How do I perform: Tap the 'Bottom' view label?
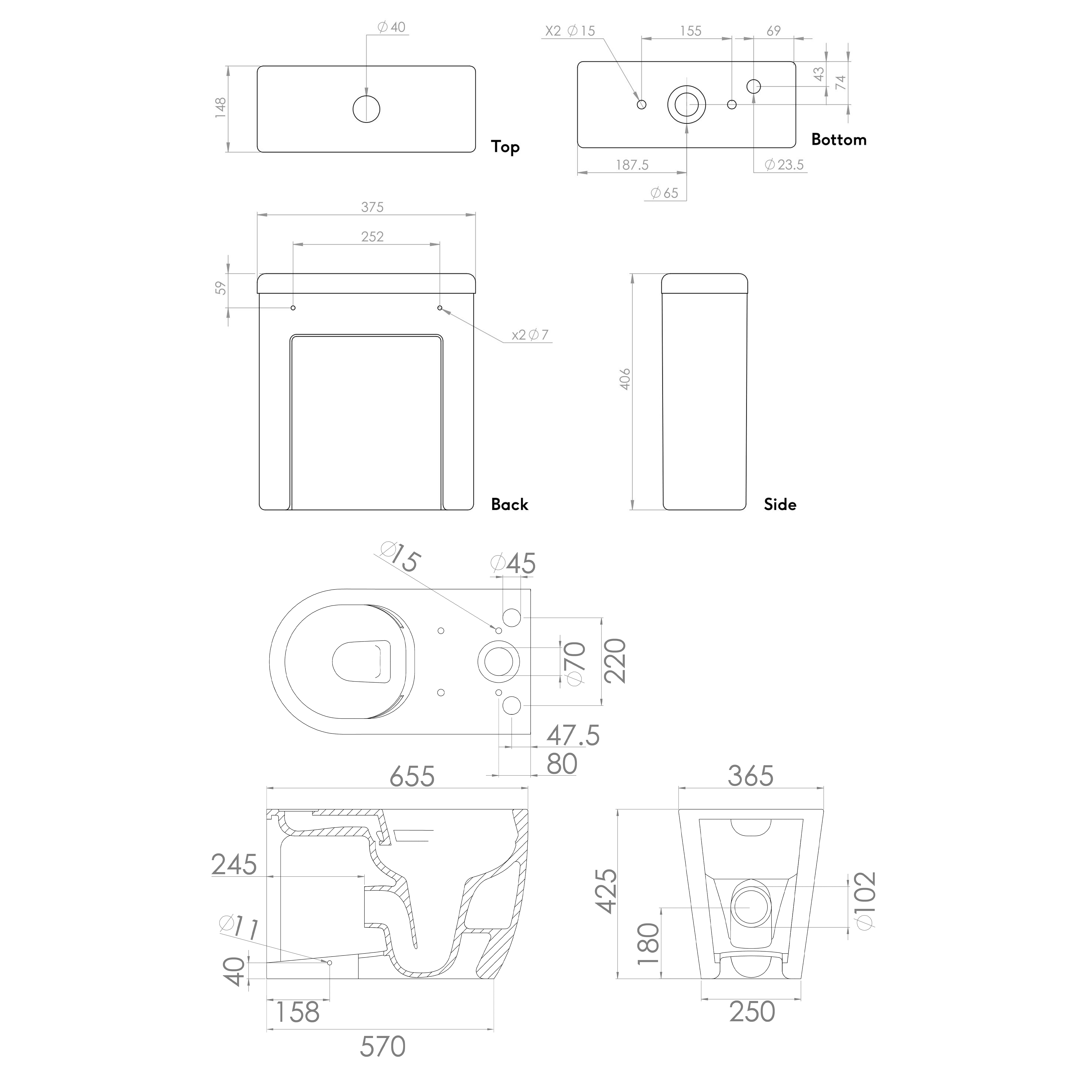click(x=838, y=140)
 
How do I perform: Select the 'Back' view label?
click(x=509, y=504)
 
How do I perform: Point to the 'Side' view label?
click(x=780, y=504)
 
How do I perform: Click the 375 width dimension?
click(x=372, y=207)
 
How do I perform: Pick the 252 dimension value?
click(x=372, y=237)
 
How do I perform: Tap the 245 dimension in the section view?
click(x=234, y=865)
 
